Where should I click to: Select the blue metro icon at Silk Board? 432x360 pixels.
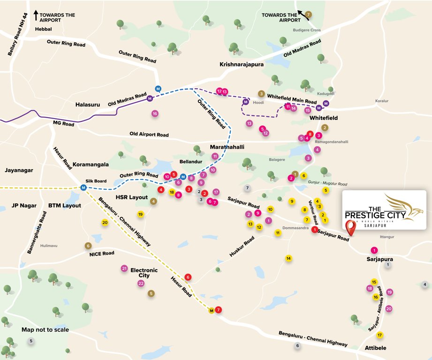coord(83,188)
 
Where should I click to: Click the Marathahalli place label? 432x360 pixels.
coord(227,147)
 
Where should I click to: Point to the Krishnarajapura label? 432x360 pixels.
coord(242,64)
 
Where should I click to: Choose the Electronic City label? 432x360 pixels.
coord(144,273)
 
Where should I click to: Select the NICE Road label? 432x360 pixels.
coord(102,253)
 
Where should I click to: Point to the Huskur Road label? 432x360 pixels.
coord(242,247)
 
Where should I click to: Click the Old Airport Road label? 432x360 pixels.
coord(149,135)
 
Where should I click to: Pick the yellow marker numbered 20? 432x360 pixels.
coord(105,223)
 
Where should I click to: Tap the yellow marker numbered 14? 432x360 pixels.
coord(288,258)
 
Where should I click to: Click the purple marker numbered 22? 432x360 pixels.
coord(141,283)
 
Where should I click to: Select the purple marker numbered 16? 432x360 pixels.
coord(155,113)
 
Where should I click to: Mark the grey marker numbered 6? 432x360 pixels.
coord(297,346)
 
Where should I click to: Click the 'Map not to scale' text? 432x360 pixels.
coord(45,330)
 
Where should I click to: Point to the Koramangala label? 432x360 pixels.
coord(91,165)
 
